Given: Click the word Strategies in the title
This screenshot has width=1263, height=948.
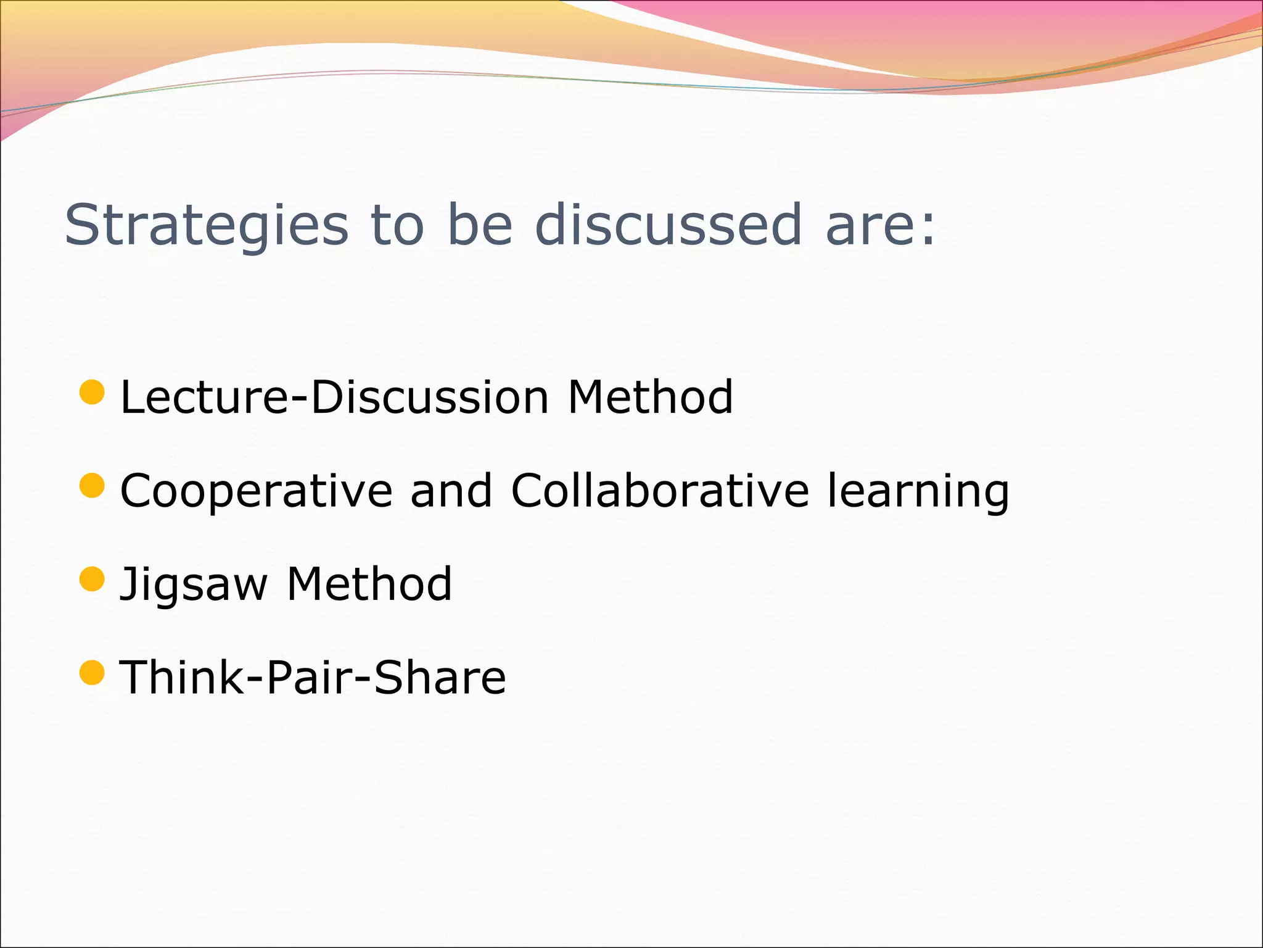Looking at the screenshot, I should pos(207,225).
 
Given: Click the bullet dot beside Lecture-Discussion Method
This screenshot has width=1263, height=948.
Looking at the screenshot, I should pos(93,393).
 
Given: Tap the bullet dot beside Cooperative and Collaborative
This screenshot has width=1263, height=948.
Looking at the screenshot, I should pos(93,486).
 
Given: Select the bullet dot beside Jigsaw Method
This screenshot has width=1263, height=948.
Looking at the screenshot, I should pos(93,579).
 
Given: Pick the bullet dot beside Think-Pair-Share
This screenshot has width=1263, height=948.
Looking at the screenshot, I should pos(93,672).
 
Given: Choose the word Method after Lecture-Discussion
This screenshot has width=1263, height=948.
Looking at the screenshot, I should pos(650,397).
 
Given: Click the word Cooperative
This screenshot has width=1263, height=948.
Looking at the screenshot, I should pos(257,491).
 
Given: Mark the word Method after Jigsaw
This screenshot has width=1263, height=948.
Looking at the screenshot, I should pos(369,584).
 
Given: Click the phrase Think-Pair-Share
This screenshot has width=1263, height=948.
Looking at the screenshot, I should pos(313,677).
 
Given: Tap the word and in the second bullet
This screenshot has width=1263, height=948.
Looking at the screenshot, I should pos(451,490).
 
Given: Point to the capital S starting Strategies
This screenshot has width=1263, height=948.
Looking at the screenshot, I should pos(82,225).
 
